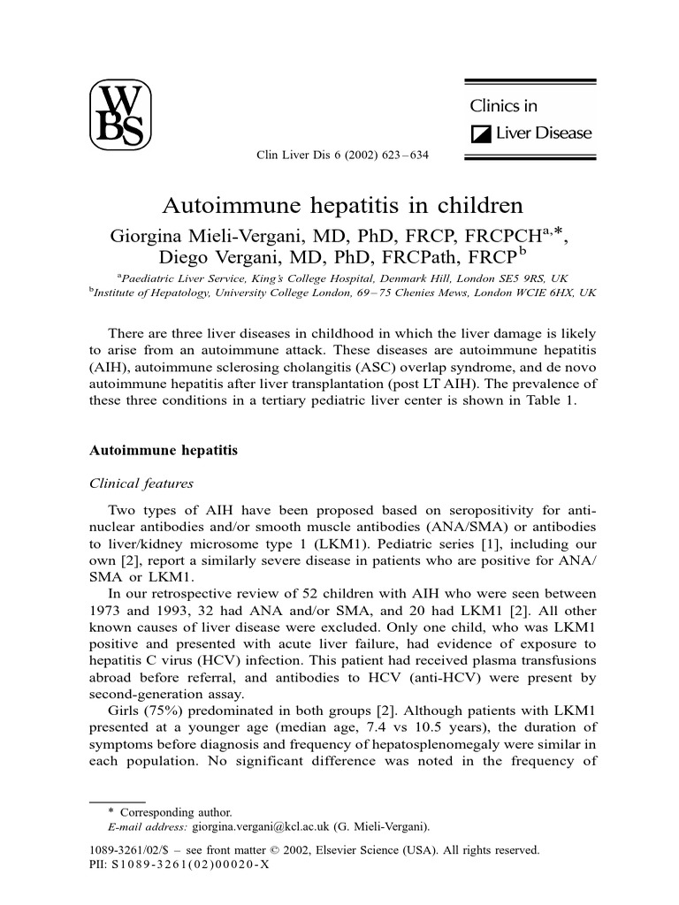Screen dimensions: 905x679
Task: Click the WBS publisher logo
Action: click(121, 116)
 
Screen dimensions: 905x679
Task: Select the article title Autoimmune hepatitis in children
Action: click(343, 205)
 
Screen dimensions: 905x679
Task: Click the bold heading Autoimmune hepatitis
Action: click(164, 450)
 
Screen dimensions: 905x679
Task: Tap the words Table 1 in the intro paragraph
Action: click(553, 399)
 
